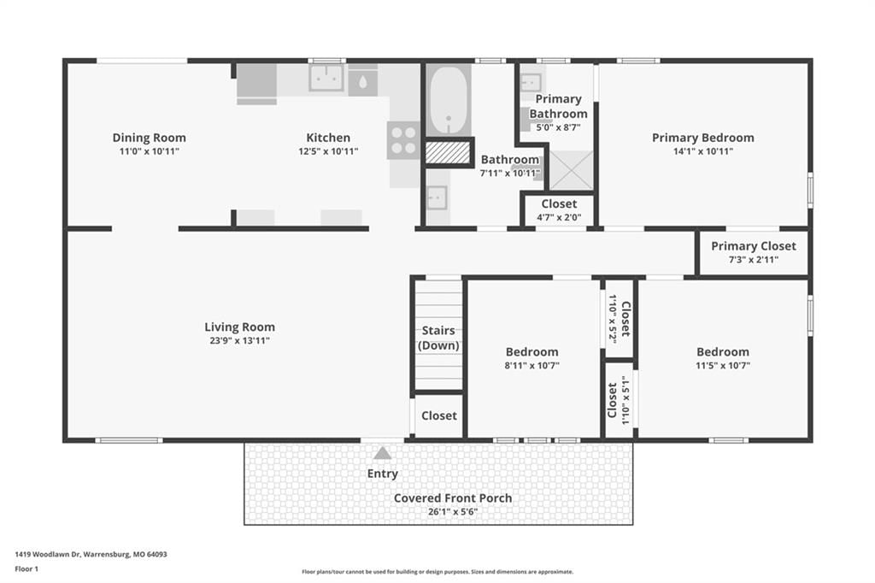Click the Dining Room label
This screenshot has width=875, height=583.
tap(149, 138)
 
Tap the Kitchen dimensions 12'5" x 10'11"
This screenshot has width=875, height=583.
tap(328, 151)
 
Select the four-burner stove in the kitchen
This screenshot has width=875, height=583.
tap(403, 140)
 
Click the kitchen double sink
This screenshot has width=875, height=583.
tap(326, 78)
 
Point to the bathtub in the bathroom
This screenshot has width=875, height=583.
tap(448, 101)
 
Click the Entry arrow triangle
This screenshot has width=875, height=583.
tap(382, 453)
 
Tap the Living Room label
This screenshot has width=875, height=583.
tap(239, 327)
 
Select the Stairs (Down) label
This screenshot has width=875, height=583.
tap(438, 338)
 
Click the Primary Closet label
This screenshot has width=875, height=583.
tap(754, 245)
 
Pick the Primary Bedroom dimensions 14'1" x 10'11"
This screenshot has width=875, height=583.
tap(703, 151)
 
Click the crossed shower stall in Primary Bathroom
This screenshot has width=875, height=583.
tap(571, 170)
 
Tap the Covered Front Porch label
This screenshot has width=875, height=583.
tap(453, 498)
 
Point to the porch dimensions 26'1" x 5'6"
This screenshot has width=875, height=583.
tap(453, 511)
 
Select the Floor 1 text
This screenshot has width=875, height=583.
tap(26, 569)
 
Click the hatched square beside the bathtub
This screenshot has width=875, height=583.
tap(448, 152)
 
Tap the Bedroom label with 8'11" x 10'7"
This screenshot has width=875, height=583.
tap(531, 352)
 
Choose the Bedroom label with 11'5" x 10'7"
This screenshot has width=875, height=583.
tap(723, 352)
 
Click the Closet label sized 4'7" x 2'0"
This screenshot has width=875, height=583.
tap(559, 203)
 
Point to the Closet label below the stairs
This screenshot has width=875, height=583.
tap(439, 415)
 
